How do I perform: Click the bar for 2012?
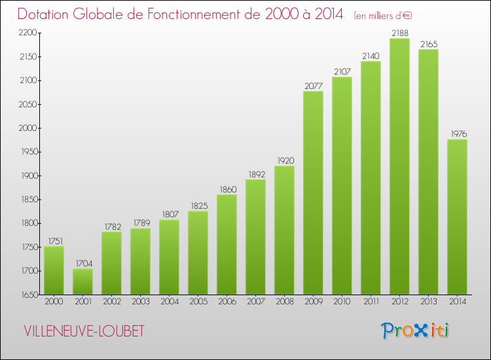pos(399,167)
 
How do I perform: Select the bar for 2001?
pos(82,281)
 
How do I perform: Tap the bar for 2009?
pos(313,193)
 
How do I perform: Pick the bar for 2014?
pos(457,217)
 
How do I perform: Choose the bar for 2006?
pos(227,245)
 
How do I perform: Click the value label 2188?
pos(399,33)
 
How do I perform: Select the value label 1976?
pos(457,134)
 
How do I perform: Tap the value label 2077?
pos(313,86)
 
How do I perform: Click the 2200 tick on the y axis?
pos(28,33)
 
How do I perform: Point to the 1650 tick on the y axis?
pos(28,295)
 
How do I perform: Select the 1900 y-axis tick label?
pos(28,175)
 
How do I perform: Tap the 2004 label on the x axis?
pos(169,302)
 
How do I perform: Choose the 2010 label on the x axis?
pos(342,302)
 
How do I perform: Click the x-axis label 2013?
pos(428,302)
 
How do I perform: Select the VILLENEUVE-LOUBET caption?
pos(84,331)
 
